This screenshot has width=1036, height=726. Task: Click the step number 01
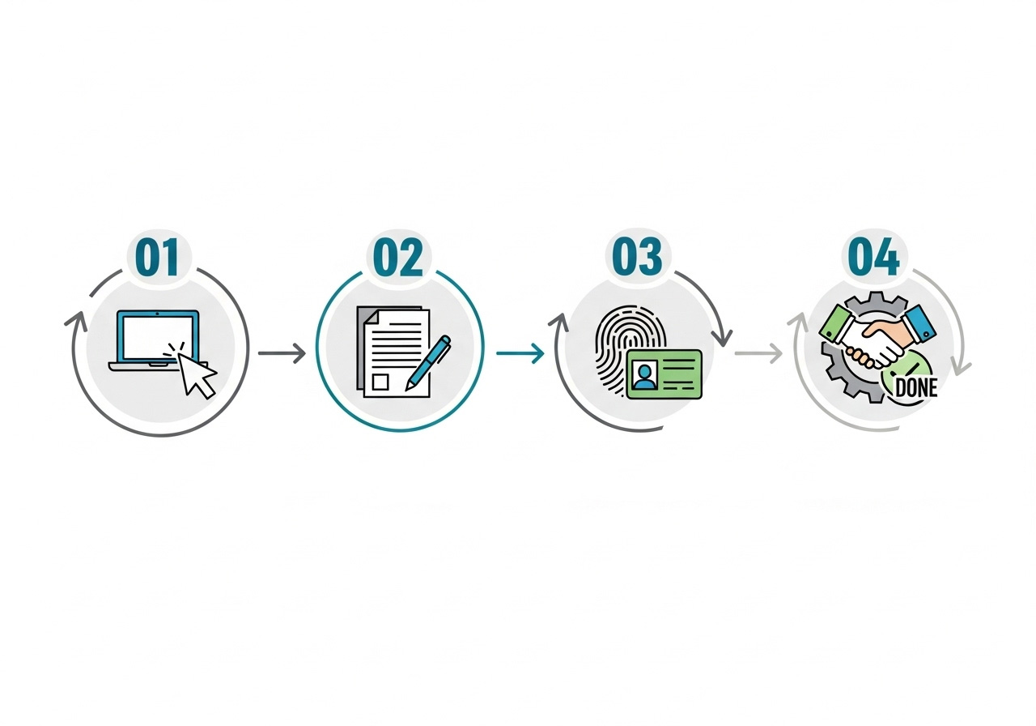(157, 257)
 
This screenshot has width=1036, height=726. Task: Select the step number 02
(397, 257)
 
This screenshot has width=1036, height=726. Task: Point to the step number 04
(873, 257)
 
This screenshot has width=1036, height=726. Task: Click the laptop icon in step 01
(157, 340)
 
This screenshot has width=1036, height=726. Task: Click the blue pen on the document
(428, 363)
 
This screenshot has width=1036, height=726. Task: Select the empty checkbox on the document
(380, 382)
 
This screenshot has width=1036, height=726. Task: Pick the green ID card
(664, 374)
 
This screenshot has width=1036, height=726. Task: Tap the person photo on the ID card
(645, 375)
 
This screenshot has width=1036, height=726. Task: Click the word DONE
(916, 387)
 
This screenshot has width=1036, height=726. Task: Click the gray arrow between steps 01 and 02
(282, 353)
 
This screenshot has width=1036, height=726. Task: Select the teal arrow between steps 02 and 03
(520, 353)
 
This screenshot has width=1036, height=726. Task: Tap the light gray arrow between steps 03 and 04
(758, 353)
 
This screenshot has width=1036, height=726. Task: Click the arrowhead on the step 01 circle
(76, 320)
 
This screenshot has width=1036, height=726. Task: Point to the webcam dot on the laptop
(157, 314)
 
